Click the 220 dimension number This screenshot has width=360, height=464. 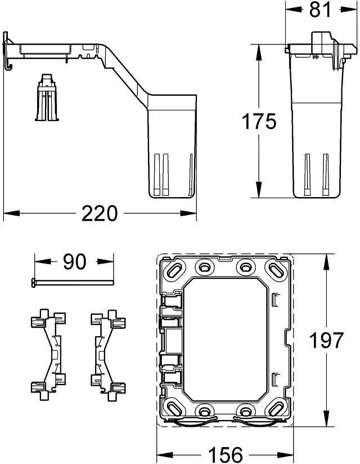click(x=100, y=213)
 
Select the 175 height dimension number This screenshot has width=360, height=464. click(x=259, y=121)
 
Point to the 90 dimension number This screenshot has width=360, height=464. click(x=74, y=262)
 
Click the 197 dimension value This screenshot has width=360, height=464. click(x=326, y=340)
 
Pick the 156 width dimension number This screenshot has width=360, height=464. click(x=226, y=454)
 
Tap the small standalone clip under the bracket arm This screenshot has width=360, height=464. click(x=47, y=97)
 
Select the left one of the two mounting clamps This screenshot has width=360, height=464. click(x=48, y=355)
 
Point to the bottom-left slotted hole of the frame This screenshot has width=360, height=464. click(x=173, y=409)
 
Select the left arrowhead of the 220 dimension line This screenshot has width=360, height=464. click(x=11, y=213)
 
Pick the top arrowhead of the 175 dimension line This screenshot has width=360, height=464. click(x=259, y=53)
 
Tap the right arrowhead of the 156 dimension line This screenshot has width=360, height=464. click(x=286, y=454)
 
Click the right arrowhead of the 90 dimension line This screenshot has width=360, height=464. click(x=105, y=262)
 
